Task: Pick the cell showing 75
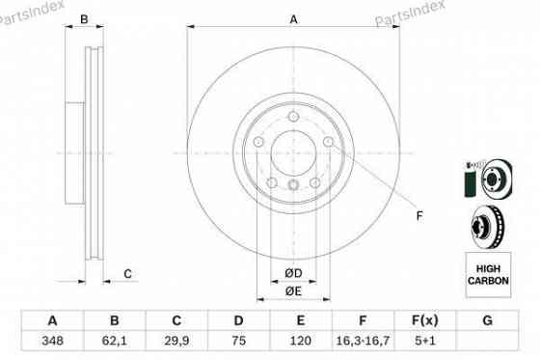click(x=240, y=342)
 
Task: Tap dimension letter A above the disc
click(x=294, y=19)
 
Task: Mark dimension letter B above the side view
click(x=85, y=19)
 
